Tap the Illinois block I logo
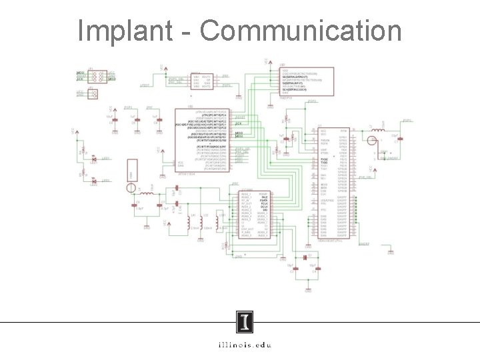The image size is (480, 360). (x=245, y=324)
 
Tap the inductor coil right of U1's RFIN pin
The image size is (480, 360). (x=377, y=127)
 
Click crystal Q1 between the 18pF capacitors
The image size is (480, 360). (x=305, y=257)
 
